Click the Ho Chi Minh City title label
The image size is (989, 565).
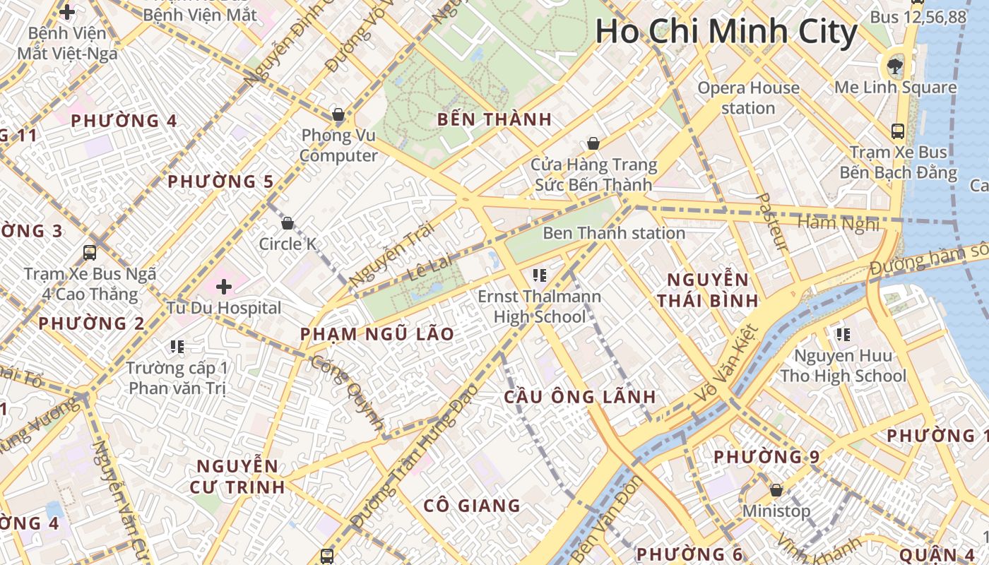pyautogui.click(x=726, y=32)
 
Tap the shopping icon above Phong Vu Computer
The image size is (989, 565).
pyautogui.click(x=338, y=114)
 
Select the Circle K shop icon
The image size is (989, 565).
pyautogui.click(x=288, y=224)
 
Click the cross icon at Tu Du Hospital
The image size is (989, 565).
pyautogui.click(x=224, y=287)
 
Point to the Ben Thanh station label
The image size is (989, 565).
pyautogui.click(x=613, y=233)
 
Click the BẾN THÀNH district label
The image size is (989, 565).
pyautogui.click(x=494, y=119)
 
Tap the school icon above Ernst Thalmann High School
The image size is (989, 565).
pyautogui.click(x=540, y=275)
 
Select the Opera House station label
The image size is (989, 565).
pyautogui.click(x=748, y=98)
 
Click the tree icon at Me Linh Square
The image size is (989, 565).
pyautogui.click(x=895, y=66)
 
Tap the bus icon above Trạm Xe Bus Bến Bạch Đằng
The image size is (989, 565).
pyautogui.click(x=897, y=131)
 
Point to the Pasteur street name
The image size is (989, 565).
pyautogui.click(x=771, y=222)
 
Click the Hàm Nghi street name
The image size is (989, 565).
pyautogui.click(x=839, y=223)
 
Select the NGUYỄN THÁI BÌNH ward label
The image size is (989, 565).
pyautogui.click(x=707, y=290)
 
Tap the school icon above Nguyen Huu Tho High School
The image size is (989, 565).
pyautogui.click(x=842, y=334)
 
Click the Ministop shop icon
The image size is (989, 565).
pyautogui.click(x=776, y=489)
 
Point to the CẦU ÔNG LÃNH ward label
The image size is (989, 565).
pyautogui.click(x=579, y=397)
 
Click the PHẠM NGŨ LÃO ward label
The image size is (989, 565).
pyautogui.click(x=377, y=334)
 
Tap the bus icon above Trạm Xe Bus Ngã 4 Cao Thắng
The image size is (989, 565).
pyautogui.click(x=90, y=252)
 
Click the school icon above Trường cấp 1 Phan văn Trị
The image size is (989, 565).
pyautogui.click(x=177, y=346)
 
